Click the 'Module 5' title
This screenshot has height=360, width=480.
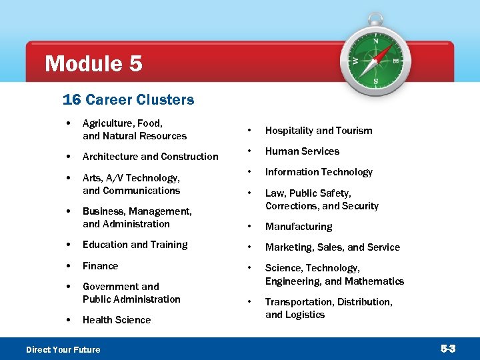pyautogui.click(x=93, y=64)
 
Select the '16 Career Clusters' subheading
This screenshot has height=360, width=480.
pyautogui.click(x=128, y=100)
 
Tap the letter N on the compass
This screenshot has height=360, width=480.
pyautogui.click(x=375, y=41)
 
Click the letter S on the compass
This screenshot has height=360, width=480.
pyautogui.click(x=375, y=81)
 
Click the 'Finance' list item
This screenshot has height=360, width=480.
pyautogui.click(x=100, y=266)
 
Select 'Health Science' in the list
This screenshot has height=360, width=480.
pyautogui.click(x=117, y=320)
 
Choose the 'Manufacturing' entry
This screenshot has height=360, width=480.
pyautogui.click(x=298, y=227)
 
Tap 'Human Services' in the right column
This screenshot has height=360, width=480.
pyautogui.click(x=302, y=151)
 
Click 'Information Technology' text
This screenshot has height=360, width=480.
pyautogui.click(x=319, y=172)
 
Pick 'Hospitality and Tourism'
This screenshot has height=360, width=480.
pyautogui.click(x=319, y=131)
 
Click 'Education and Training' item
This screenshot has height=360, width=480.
pyautogui.click(x=135, y=245)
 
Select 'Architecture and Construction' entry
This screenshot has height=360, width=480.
pyautogui.click(x=150, y=157)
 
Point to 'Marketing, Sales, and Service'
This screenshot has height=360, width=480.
pyautogui.click(x=332, y=247)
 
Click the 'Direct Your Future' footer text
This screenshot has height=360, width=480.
pyautogui.click(x=63, y=350)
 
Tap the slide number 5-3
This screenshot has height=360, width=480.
pyautogui.click(x=447, y=349)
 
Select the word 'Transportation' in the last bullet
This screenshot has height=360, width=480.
pyautogui.click(x=299, y=302)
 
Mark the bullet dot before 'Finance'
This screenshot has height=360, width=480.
pyautogui.click(x=69, y=266)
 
